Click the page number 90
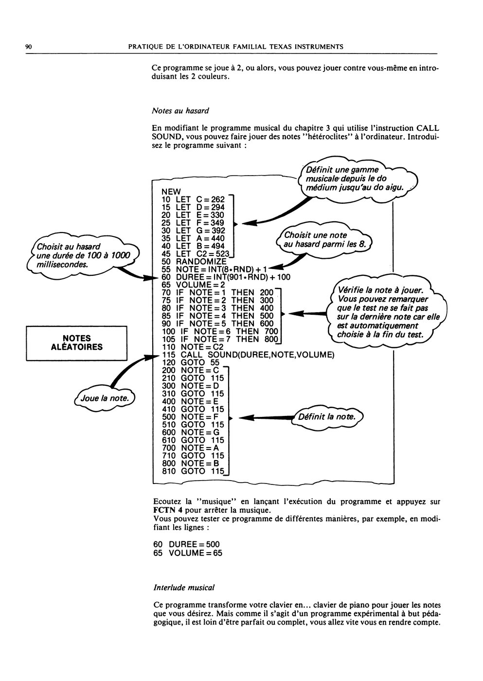pyautogui.click(x=29, y=47)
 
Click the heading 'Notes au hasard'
pyautogui.click(x=180, y=111)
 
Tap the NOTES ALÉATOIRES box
pyautogui.click(x=76, y=343)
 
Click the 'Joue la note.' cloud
pyautogui.click(x=105, y=398)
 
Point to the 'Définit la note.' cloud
pyautogui.click(x=327, y=416)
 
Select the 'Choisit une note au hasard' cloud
pyautogui.click(x=324, y=240)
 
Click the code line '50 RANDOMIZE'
pyautogui.click(x=194, y=262)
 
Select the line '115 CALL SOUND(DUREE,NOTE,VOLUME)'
pyautogui.click(x=248, y=355)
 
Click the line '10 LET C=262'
pyautogui.click(x=193, y=199)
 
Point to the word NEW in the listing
pyautogui.click(x=171, y=192)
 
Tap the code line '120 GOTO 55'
pyautogui.click(x=191, y=362)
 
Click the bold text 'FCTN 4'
pyautogui.click(x=168, y=510)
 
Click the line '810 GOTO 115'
pyautogui.click(x=193, y=471)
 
